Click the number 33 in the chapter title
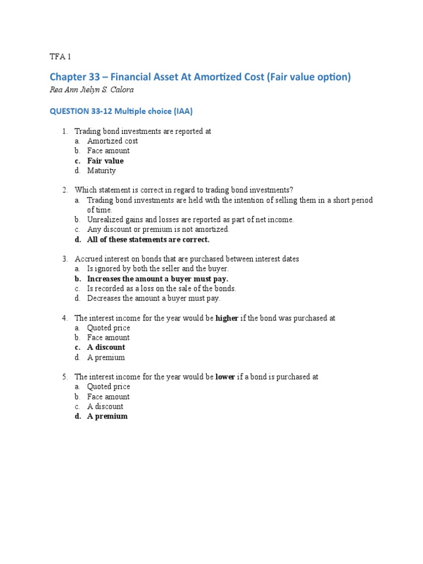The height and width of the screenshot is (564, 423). [x=93, y=77]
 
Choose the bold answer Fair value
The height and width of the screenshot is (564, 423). [x=105, y=161]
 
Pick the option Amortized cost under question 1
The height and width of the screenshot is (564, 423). [x=112, y=141]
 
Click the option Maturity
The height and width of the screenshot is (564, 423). [x=101, y=171]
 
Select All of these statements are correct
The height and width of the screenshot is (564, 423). [x=148, y=240]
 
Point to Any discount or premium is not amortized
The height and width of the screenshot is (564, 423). [x=158, y=229]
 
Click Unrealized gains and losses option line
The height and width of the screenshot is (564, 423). [x=191, y=219]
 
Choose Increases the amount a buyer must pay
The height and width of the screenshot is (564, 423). [x=158, y=279]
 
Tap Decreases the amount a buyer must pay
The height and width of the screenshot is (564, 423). [x=153, y=298]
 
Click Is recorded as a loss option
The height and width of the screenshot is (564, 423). [x=161, y=289]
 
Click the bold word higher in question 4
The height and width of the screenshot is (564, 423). [x=227, y=318]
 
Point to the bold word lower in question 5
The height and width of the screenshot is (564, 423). [x=225, y=377]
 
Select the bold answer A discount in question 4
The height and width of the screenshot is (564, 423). [x=106, y=348]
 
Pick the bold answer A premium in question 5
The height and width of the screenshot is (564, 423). [x=107, y=416]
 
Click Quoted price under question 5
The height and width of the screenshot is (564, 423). [x=109, y=387]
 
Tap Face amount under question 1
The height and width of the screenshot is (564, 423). [x=109, y=151]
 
